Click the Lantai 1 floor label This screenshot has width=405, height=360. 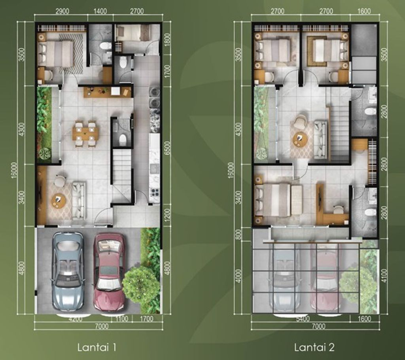97,348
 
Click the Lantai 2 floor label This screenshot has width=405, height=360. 314,348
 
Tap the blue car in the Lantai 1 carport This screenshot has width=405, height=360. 68,271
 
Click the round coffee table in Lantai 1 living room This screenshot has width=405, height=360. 59,200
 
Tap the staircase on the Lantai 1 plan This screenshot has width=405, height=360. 122,174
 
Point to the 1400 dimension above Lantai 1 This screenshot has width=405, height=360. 100,11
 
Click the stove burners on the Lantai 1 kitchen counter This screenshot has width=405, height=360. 155,193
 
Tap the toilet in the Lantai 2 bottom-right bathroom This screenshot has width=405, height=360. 370,212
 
